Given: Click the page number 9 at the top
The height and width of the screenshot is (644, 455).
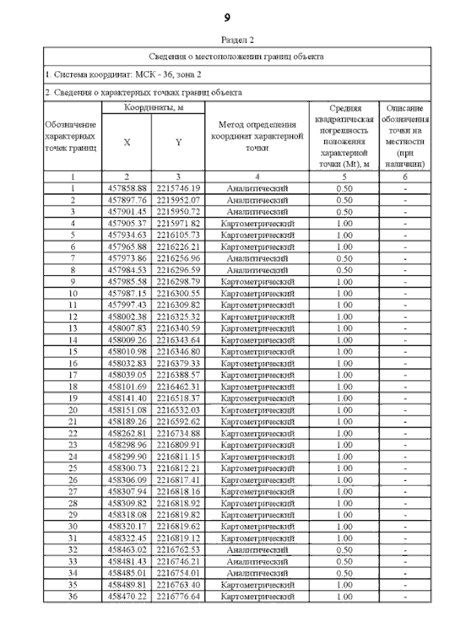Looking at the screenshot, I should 227,17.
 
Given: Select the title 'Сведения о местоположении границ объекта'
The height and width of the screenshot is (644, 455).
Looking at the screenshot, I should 237,56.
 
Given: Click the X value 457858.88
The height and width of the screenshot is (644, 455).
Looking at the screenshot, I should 127,189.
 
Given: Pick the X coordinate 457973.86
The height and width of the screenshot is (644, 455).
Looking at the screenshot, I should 127,258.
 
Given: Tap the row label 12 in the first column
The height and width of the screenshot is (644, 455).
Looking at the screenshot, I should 73,316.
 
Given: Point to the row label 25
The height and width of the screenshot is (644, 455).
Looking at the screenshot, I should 73,467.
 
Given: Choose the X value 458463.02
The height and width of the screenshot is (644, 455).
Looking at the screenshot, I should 127,549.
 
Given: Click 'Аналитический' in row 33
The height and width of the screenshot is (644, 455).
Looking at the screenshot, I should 257,561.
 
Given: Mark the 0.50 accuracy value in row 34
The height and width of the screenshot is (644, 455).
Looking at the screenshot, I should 344,573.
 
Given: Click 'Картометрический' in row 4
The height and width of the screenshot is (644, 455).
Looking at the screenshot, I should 257,223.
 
